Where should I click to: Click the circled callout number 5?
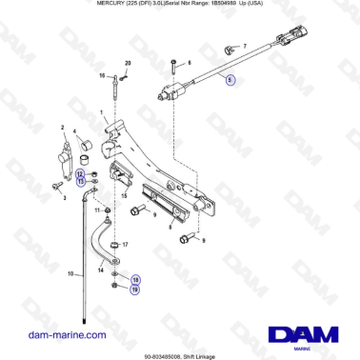click(x=229, y=81)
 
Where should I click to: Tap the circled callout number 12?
click(x=80, y=173)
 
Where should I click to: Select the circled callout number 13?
click(x=80, y=181)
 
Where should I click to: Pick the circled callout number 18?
click(x=134, y=279)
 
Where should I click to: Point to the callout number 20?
click(x=127, y=62)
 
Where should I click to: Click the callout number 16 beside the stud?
click(x=103, y=73)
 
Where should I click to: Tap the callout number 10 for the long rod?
click(x=70, y=274)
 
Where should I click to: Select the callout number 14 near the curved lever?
click(x=100, y=271)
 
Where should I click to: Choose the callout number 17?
click(x=124, y=245)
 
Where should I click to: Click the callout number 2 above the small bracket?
click(x=64, y=128)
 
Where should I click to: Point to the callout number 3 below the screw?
click(x=64, y=199)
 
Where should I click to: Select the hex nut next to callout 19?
click(x=114, y=285)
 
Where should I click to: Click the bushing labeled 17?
click(x=113, y=245)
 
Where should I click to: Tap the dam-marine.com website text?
click(x=67, y=334)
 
